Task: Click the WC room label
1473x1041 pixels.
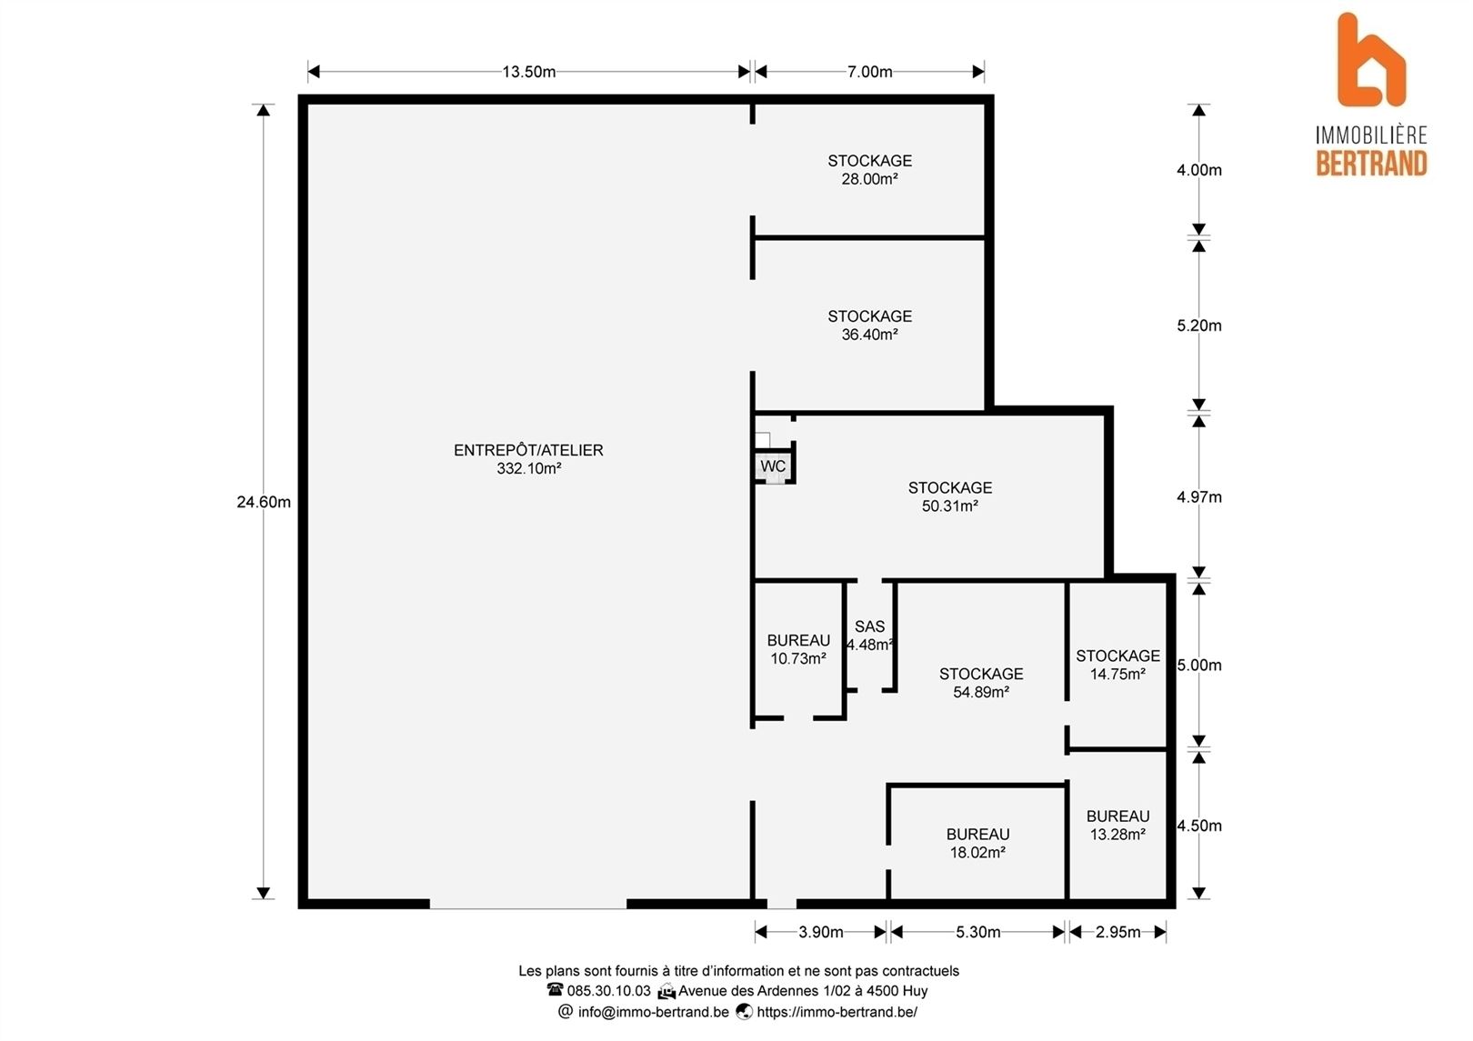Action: coord(773,466)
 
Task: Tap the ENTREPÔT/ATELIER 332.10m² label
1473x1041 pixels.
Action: coord(528,459)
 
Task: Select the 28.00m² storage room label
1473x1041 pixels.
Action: coord(869,170)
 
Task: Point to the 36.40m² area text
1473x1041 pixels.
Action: coord(869,335)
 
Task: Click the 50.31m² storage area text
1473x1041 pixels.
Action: coord(949,506)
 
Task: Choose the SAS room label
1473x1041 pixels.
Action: coord(869,626)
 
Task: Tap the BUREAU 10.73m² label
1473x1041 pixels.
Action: coord(798,649)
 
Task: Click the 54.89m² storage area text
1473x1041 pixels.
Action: coord(981,693)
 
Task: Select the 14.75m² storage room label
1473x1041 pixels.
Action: coord(1117,665)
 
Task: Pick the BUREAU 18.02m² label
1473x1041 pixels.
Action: coord(977,843)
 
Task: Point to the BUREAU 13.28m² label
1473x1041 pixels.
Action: coord(1117,826)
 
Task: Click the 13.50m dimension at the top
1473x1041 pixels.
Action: coord(528,72)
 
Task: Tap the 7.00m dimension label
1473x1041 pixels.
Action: coord(869,72)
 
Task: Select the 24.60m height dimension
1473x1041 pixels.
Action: coord(264,503)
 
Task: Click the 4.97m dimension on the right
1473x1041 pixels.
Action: coord(1198,497)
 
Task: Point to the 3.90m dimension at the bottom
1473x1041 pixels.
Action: coord(821,932)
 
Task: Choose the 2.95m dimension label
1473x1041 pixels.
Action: coord(1117,932)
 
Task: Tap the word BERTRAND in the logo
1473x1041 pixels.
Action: coord(1371,164)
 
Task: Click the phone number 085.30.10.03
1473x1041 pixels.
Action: coord(608,991)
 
